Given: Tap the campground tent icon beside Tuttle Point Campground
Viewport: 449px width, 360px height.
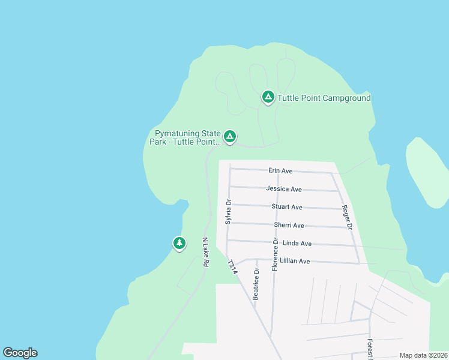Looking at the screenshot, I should [268, 97].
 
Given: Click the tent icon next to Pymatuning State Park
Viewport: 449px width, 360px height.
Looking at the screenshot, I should [229, 137].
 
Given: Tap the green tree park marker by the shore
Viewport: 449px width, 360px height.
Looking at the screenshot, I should [179, 243].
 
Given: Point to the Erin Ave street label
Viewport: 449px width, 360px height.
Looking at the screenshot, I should [280, 171].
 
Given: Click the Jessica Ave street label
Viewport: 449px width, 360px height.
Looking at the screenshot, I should [284, 189].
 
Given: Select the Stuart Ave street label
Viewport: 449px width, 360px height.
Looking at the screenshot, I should [287, 207].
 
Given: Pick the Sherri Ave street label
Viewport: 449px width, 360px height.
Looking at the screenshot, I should [289, 226].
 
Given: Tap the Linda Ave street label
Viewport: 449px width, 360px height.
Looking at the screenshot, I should [297, 244].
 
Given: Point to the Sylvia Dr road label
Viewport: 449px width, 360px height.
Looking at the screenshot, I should [228, 212].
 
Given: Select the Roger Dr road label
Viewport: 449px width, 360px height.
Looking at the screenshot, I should [346, 217].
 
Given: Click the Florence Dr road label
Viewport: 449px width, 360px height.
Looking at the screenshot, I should [275, 254].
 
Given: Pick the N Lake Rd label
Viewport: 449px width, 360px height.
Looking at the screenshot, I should [205, 252].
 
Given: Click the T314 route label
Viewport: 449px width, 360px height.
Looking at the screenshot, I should [233, 268].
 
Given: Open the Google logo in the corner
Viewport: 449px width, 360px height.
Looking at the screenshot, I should [20, 353].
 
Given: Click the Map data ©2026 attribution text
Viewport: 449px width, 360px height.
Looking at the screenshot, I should [423, 355].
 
